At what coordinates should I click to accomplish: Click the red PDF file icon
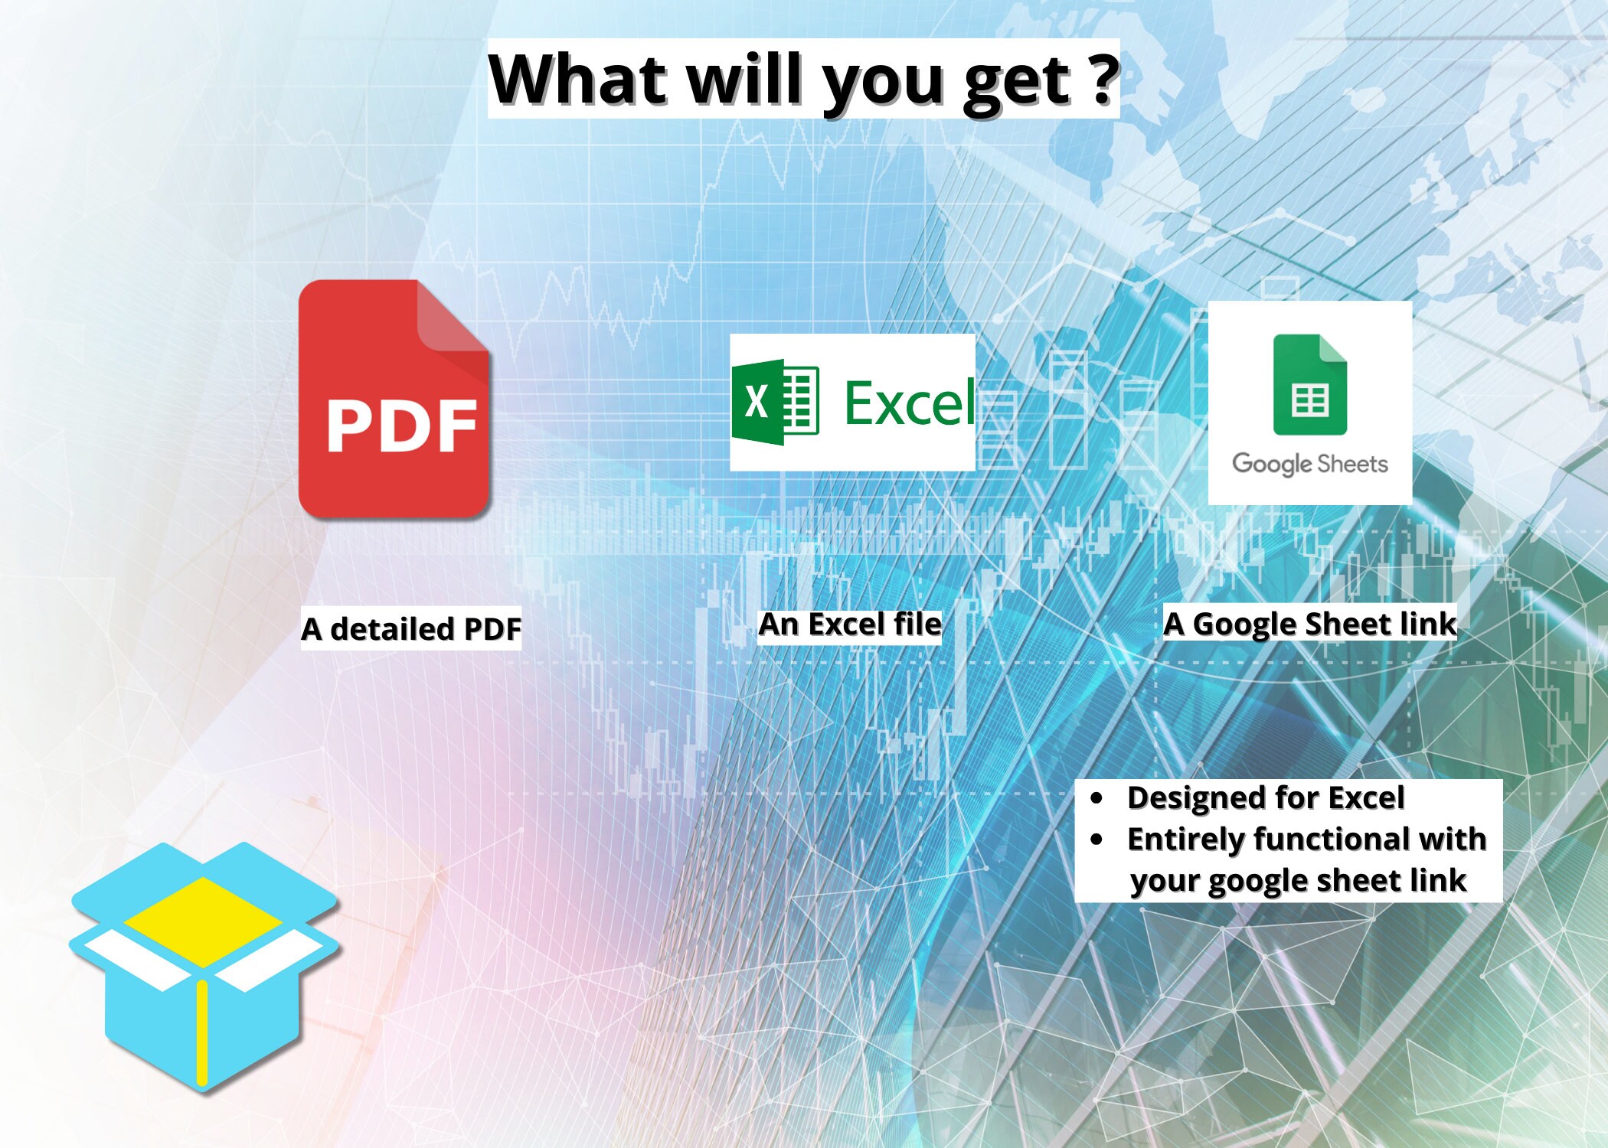pos(394,399)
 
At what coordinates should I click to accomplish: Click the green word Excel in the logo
pos(910,403)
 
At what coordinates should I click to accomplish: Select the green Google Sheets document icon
pos(1309,385)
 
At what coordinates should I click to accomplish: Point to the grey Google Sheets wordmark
pos(1309,464)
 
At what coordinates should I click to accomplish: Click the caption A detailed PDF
pos(411,629)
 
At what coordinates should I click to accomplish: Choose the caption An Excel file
pos(850,625)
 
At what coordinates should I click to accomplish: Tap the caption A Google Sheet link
pos(1309,625)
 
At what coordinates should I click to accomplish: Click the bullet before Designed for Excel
pos(1097,798)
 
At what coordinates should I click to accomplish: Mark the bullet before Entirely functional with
pos(1097,840)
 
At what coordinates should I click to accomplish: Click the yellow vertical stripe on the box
pos(202,1032)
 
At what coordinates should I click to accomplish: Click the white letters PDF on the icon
pos(402,426)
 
